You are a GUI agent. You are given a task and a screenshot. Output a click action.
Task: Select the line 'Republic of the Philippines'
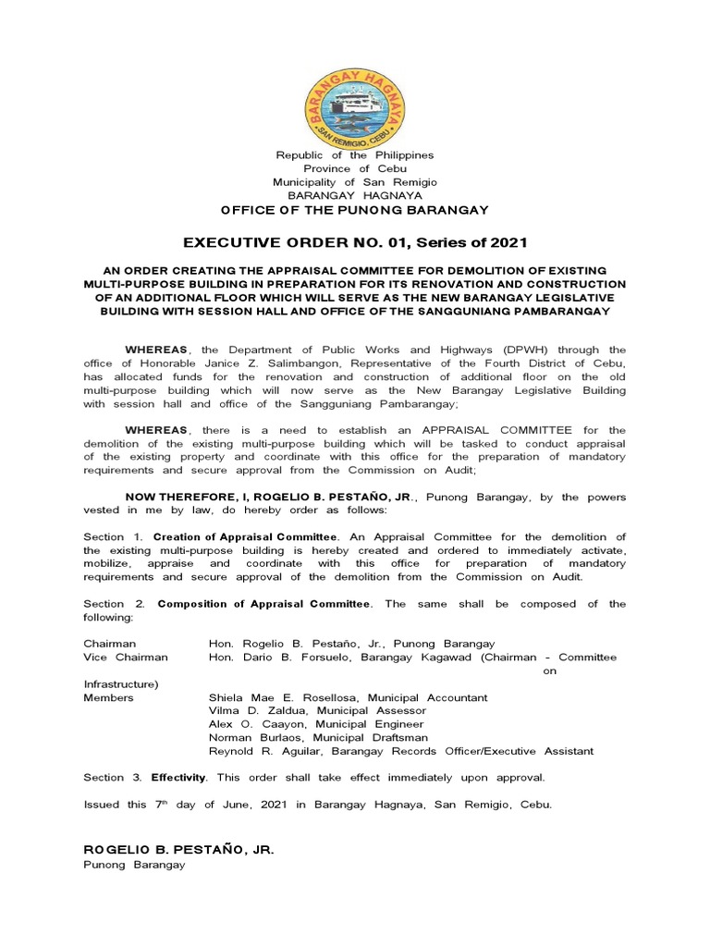pyautogui.click(x=355, y=155)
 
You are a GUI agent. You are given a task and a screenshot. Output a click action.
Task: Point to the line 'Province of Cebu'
pyautogui.click(x=355, y=168)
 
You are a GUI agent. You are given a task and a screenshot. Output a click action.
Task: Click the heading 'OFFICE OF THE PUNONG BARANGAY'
pyautogui.click(x=355, y=211)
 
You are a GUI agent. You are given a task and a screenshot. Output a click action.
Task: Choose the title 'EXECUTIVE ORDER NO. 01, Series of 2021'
pyautogui.click(x=355, y=243)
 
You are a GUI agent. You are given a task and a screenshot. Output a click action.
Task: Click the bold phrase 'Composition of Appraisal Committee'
pyautogui.click(x=264, y=604)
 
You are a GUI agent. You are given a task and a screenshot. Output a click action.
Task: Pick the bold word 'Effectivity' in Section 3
pyautogui.click(x=181, y=777)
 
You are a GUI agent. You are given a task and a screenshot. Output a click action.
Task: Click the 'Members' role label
pyautogui.click(x=108, y=697)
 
